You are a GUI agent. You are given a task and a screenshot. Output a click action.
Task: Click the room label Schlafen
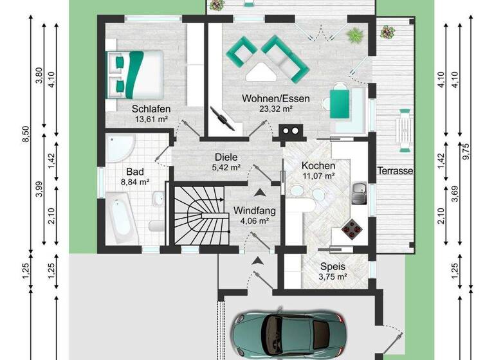click(150, 109)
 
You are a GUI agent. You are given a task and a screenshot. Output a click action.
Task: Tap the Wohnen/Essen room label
click(276, 99)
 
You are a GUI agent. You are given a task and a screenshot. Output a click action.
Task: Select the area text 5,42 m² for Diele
click(226, 168)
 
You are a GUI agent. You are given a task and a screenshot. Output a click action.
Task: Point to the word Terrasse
click(395, 171)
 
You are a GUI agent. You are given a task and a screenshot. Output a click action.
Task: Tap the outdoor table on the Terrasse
click(405, 127)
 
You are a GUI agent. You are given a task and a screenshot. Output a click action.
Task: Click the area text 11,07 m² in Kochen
click(319, 175)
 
